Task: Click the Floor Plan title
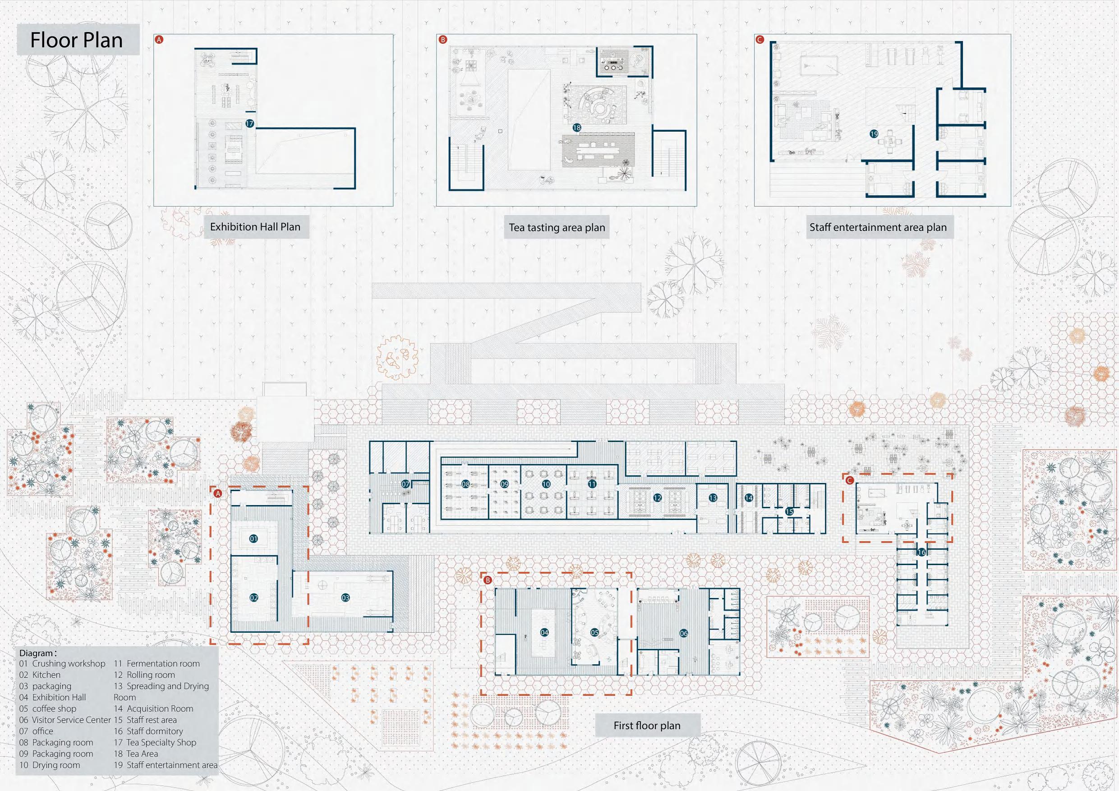click(77, 41)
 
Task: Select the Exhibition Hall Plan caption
click(255, 227)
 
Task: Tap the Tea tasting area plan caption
click(557, 228)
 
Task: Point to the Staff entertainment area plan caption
click(878, 228)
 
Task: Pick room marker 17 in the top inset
click(249, 124)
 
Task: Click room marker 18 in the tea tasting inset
click(576, 128)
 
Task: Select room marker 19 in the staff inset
click(874, 133)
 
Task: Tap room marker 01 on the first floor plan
click(253, 538)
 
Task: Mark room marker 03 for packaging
click(345, 598)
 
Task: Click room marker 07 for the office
click(405, 484)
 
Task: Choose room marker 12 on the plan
click(658, 497)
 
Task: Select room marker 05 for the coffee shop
click(594, 632)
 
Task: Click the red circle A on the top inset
click(158, 40)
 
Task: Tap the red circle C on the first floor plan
click(849, 481)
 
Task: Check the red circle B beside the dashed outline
click(488, 580)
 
